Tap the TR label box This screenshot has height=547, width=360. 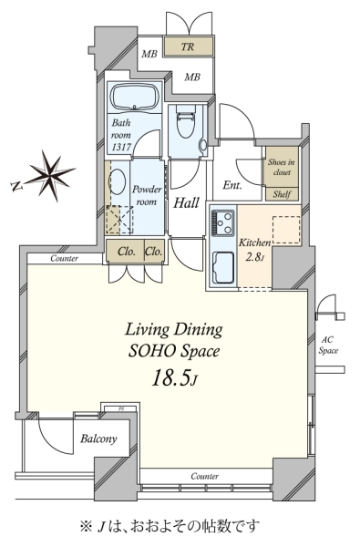[189, 46]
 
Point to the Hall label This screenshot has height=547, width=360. [187, 202]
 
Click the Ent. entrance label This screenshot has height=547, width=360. [232, 185]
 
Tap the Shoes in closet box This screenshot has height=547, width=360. [281, 168]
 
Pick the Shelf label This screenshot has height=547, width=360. [282, 194]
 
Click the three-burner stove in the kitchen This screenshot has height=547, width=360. [223, 222]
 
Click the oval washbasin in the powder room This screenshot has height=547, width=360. [118, 181]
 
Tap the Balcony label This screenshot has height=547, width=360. [98, 439]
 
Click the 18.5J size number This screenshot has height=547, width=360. [175, 377]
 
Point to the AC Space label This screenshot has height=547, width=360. [328, 345]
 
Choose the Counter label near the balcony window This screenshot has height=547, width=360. [205, 476]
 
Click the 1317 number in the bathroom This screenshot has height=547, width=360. [121, 147]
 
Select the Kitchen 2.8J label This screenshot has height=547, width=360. [254, 250]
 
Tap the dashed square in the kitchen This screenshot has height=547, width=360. [286, 230]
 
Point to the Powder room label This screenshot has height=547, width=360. [147, 196]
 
